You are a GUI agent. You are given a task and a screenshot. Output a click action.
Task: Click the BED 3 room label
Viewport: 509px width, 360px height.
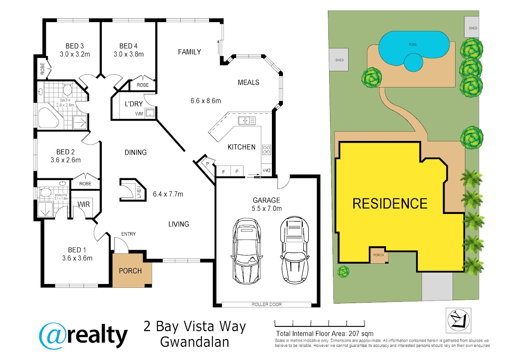coord(75,46)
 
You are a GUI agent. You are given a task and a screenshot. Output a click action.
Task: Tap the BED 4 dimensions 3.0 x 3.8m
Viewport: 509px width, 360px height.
coord(129,54)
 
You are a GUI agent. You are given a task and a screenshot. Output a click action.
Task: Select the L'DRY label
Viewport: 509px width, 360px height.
coord(134,104)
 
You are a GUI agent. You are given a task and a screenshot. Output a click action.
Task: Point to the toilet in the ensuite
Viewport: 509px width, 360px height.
coord(45,192)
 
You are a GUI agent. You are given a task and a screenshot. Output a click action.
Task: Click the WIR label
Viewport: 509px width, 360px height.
coord(84,204)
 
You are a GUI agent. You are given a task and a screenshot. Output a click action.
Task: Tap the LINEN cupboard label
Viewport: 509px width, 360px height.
coord(139,192)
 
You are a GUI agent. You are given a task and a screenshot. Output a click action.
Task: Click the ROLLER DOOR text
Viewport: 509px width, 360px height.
coord(266,304)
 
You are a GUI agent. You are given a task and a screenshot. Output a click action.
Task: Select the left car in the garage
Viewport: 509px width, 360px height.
coord(246,251)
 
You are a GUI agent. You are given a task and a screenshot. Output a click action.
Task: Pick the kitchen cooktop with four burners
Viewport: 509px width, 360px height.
coord(266,149)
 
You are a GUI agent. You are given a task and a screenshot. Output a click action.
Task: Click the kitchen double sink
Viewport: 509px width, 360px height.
coord(247,121)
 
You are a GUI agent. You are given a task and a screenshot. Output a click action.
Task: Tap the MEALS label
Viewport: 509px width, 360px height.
coord(249,82)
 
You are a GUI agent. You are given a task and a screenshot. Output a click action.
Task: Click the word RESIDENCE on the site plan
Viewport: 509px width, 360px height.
coord(390,203)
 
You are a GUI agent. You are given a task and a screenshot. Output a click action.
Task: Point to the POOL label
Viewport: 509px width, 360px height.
coord(413,45)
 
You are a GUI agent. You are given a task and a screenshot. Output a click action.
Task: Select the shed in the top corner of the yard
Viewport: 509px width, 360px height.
coord(472,27)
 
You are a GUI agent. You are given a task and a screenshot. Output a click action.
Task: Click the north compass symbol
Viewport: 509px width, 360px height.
coord(459,320)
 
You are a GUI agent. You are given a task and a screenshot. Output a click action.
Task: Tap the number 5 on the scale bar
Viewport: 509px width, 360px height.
coord(364,321)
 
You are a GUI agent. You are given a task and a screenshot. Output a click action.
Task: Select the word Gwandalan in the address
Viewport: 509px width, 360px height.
coord(195,342)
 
